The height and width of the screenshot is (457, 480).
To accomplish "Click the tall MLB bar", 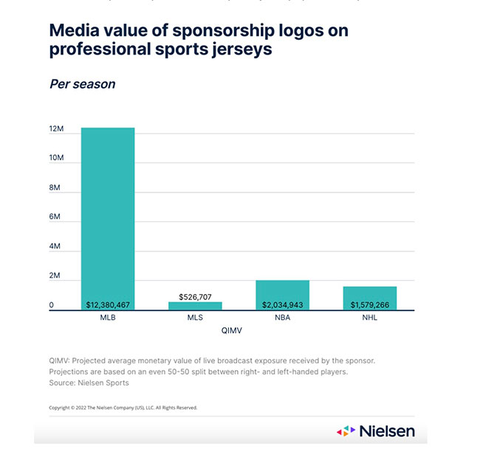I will pyautogui.click(x=107, y=214).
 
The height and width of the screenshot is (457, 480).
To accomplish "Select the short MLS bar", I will pyautogui.click(x=195, y=306).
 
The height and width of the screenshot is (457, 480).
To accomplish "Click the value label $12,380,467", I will pyautogui.click(x=108, y=304).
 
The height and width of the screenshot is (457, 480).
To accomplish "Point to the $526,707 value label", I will pyautogui.click(x=195, y=297).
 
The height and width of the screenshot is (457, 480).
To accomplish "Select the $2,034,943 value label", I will pyautogui.click(x=282, y=304).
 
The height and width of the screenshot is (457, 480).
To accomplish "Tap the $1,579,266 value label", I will pyautogui.click(x=369, y=304).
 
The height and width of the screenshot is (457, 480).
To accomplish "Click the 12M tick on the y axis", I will pyautogui.click(x=56, y=129).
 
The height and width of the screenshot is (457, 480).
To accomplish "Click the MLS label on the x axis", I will pyautogui.click(x=195, y=318).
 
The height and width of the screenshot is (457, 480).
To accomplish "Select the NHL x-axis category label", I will pyautogui.click(x=369, y=318).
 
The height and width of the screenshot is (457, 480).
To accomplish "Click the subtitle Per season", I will pyautogui.click(x=82, y=84).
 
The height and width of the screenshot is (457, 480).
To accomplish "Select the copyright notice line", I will pyautogui.click(x=123, y=407).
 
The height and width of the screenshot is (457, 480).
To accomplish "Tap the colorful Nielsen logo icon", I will pyautogui.click(x=346, y=430).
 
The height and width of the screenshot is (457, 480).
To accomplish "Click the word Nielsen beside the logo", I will pyautogui.click(x=386, y=430).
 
